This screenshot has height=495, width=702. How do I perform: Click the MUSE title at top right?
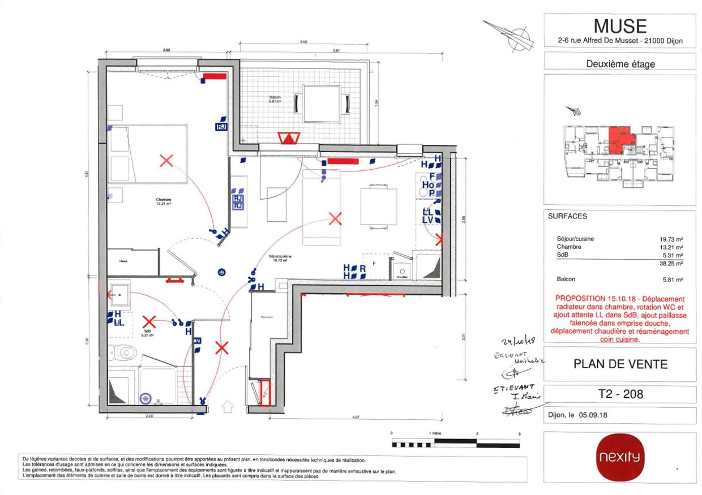pyautogui.click(x=620, y=26)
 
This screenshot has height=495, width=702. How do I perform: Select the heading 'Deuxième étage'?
pyautogui.click(x=620, y=64)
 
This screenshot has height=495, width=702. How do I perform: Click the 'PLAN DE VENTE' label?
pyautogui.click(x=620, y=364)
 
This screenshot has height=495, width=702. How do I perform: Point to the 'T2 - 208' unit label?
pyautogui.click(x=620, y=394)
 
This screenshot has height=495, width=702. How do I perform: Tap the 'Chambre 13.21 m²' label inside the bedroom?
pyautogui.click(x=164, y=202)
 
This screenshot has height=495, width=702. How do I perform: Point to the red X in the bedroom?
pyautogui.click(x=166, y=161)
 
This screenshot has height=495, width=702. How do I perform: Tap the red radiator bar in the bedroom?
pyautogui.click(x=215, y=75)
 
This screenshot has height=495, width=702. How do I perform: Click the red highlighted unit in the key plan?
pyautogui.click(x=620, y=139)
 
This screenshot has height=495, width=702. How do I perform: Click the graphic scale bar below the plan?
pyautogui.click(x=456, y=442)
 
